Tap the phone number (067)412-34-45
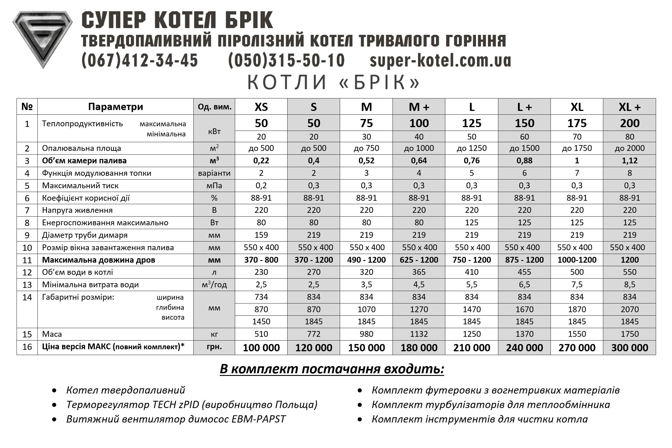[x=140, y=61]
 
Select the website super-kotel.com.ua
[x=440, y=61]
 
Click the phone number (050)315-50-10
[x=286, y=61]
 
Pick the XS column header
[x=261, y=107]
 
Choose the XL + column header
[x=629, y=107]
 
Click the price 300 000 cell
[x=629, y=348]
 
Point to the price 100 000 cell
[x=261, y=348]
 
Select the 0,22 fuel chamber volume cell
[x=261, y=161]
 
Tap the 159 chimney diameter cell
[x=261, y=235]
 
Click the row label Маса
[x=52, y=334]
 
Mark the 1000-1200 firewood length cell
[x=577, y=260]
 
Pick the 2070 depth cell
[x=629, y=309]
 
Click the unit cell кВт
[x=214, y=131]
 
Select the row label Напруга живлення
[x=77, y=210]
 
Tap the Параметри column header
[x=115, y=107]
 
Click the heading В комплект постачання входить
[x=332, y=369]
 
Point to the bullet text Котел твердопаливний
[x=126, y=390]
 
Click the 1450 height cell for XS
[x=261, y=321]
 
